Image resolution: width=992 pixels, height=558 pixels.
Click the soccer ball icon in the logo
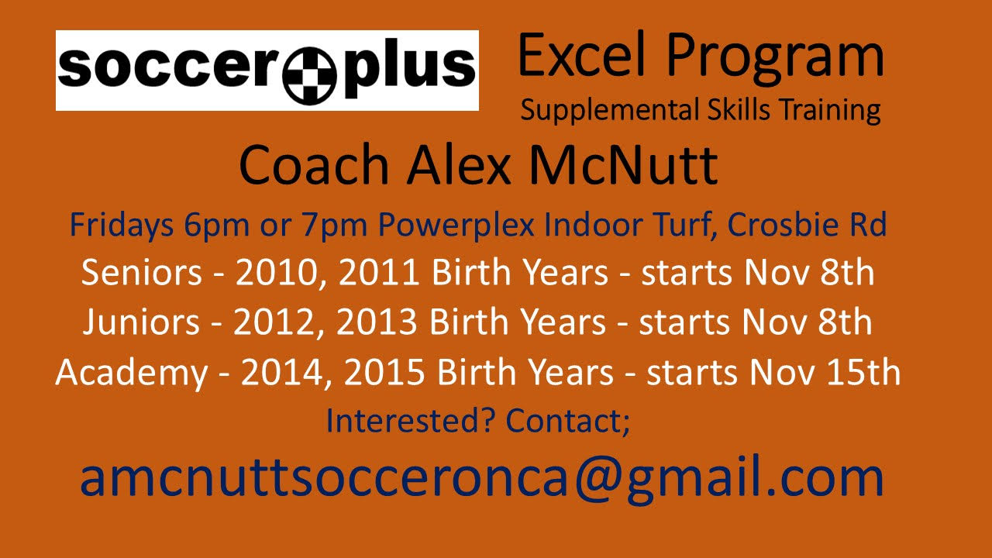309,75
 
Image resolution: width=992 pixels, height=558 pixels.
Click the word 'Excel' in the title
581,56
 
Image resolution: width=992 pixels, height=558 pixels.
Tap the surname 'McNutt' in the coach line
624,164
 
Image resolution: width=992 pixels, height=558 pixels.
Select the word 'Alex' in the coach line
459,164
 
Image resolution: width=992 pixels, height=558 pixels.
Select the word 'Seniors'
142,272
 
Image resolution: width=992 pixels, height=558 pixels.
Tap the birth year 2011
379,272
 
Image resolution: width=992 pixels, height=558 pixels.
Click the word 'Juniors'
141,322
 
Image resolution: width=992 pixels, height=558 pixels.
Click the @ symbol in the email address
598,477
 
